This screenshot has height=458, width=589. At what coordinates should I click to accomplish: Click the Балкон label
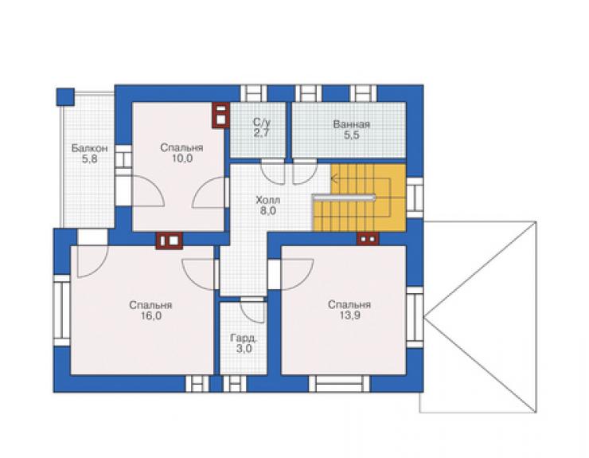click(x=89, y=148)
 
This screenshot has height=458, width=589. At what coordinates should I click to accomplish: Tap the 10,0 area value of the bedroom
click(x=182, y=159)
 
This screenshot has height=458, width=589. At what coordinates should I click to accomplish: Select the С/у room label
click(x=261, y=122)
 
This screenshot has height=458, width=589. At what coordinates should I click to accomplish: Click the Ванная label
click(x=351, y=124)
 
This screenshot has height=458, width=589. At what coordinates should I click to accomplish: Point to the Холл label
click(x=267, y=200)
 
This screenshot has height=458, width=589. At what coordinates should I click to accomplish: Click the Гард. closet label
click(x=244, y=338)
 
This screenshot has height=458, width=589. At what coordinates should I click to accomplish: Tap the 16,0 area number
click(x=151, y=315)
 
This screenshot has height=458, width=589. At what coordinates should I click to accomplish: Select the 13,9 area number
click(x=349, y=315)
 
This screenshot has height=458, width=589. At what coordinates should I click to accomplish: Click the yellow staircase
click(x=359, y=198)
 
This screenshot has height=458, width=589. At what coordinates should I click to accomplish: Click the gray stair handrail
click(x=344, y=197)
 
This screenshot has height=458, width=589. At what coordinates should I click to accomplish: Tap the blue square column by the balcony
click(x=65, y=96)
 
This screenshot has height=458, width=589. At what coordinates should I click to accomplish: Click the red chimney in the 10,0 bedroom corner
click(x=221, y=115)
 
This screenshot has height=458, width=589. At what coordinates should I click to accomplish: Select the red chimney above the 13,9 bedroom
click(x=368, y=239)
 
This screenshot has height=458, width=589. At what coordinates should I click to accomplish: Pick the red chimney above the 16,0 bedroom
click(x=170, y=241)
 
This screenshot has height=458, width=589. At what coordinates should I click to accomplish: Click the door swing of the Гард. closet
click(x=254, y=310)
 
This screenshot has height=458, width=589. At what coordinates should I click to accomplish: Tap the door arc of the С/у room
click(x=273, y=172)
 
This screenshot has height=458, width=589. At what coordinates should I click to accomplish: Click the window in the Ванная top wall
click(x=363, y=93)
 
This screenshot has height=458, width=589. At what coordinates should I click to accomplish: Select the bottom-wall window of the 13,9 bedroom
click(x=339, y=384)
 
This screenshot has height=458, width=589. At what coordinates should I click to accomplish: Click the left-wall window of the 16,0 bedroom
click(x=61, y=311)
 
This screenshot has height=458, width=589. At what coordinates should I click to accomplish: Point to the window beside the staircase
click(x=415, y=198)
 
